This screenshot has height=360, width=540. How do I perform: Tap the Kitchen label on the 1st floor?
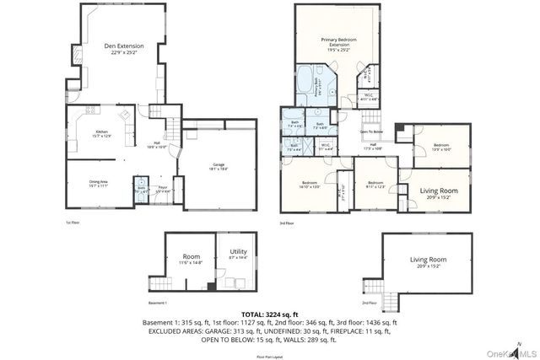pyautogui.click(x=101, y=133)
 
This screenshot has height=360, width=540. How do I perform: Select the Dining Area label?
pyautogui.click(x=99, y=182)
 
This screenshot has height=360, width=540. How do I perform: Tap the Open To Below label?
pyautogui.click(x=372, y=132)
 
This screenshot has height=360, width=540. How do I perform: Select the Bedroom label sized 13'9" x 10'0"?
pyautogui.click(x=441, y=146)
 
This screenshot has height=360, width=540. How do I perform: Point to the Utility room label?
pyautogui.click(x=238, y=252)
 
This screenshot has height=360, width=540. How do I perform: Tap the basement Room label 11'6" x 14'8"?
pyautogui.click(x=191, y=258)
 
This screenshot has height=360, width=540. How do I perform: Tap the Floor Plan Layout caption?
pyautogui.click(x=270, y=357)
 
